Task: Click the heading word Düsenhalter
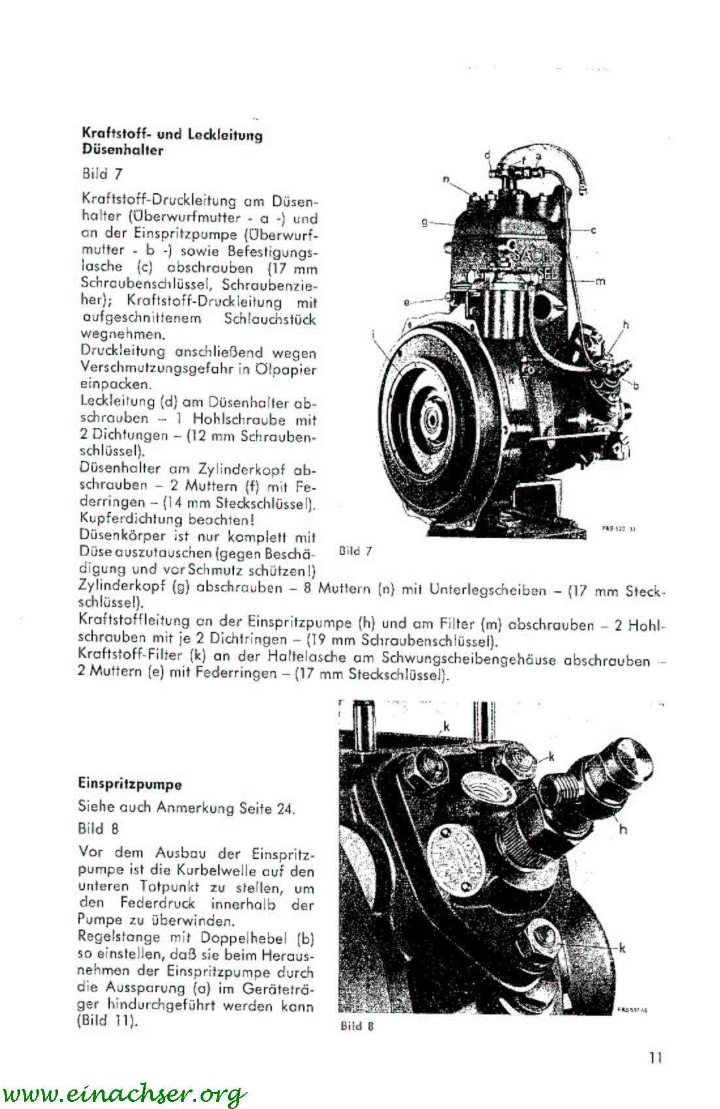[122, 150]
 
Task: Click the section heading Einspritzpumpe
[129, 783]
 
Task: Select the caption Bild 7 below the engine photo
[356, 550]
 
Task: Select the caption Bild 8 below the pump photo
[357, 1025]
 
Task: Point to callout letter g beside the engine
[424, 223]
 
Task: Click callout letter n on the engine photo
[446, 179]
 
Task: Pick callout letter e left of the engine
[406, 302]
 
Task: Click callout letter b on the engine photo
[636, 384]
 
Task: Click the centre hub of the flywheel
[432, 418]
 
